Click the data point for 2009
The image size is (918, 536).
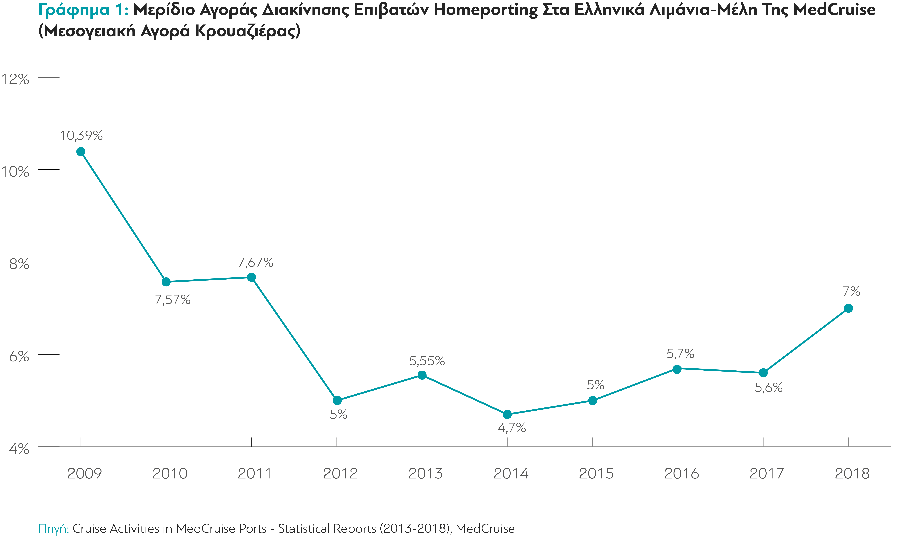click(x=81, y=151)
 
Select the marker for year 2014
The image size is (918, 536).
click(x=507, y=414)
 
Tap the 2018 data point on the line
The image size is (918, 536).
click(x=848, y=308)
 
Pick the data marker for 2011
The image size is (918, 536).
click(x=251, y=277)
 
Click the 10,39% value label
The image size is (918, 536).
click(x=81, y=135)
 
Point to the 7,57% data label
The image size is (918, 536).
click(x=173, y=300)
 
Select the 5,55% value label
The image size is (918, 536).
click(x=427, y=361)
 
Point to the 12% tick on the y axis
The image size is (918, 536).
click(x=15, y=79)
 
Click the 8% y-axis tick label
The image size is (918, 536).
click(x=19, y=264)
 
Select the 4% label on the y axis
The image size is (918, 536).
click(x=19, y=449)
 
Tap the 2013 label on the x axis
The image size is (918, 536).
click(x=425, y=473)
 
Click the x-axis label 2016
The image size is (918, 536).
click(x=682, y=473)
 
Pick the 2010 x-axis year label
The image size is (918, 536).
click(x=170, y=473)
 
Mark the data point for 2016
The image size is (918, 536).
click(x=677, y=369)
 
